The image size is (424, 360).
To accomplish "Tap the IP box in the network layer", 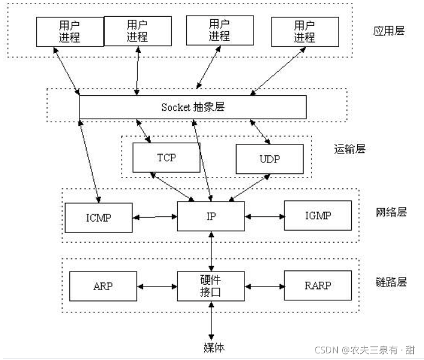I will click(211, 216).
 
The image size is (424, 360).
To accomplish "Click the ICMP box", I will click(98, 217).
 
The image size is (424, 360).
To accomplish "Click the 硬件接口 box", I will click(211, 285).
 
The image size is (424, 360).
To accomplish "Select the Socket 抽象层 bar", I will click(193, 107).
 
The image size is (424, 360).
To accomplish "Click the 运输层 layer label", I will click(349, 148).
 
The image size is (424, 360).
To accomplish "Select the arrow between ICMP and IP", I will click(154, 216).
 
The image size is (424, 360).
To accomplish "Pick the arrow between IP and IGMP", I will click(264, 216).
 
